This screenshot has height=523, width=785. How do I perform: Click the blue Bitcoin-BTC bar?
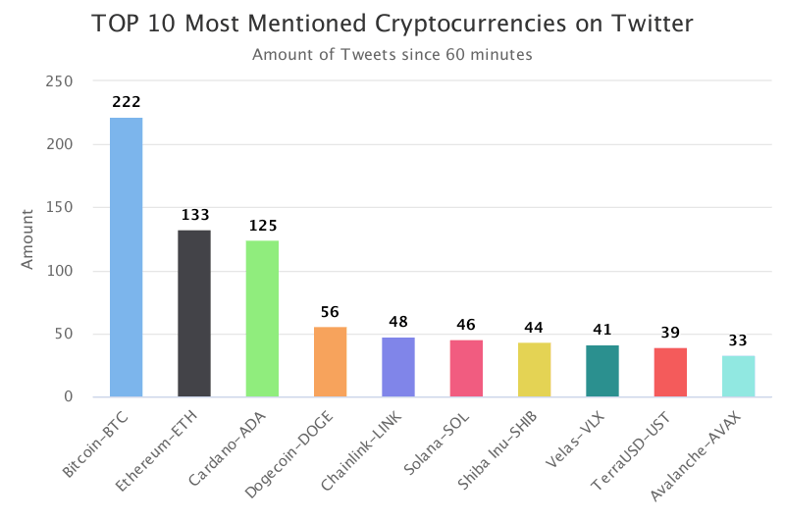pyautogui.click(x=126, y=257)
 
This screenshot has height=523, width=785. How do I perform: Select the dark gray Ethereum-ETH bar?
pyautogui.click(x=194, y=313)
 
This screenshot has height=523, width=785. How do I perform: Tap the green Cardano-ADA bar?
pyautogui.click(x=262, y=318)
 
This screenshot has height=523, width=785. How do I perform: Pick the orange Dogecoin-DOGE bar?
pyautogui.click(x=330, y=362)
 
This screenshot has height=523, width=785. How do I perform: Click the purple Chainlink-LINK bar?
pyautogui.click(x=398, y=367)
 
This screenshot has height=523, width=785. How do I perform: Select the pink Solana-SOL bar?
pyautogui.click(x=466, y=368)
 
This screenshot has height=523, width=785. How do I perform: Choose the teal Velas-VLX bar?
pyautogui.click(x=602, y=371)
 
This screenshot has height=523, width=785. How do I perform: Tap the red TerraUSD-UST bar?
pyautogui.click(x=670, y=372)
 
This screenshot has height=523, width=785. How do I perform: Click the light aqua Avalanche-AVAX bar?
pyautogui.click(x=739, y=376)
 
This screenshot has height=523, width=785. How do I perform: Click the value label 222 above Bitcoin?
pyautogui.click(x=126, y=102)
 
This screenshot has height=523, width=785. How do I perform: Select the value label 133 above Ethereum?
pyautogui.click(x=194, y=214)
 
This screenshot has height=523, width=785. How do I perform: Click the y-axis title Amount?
pyautogui.click(x=27, y=238)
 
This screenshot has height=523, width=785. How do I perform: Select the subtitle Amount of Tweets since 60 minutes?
pyautogui.click(x=392, y=55)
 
